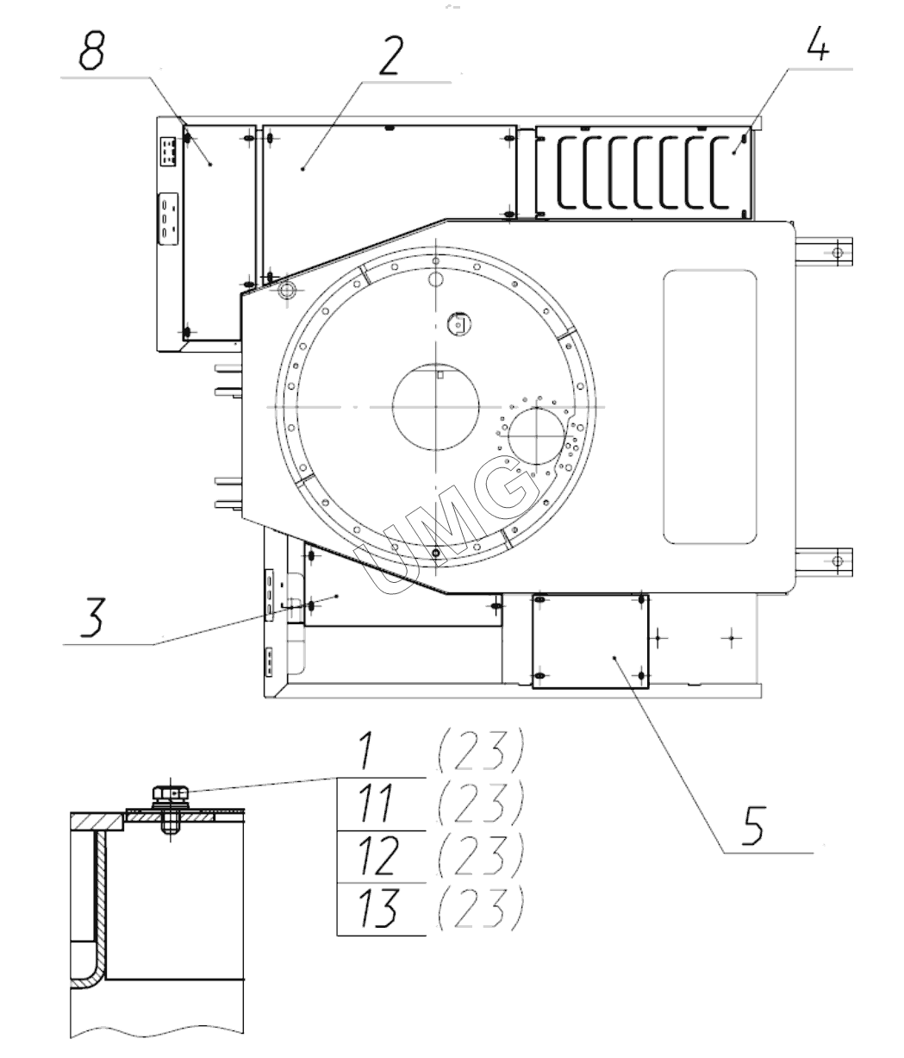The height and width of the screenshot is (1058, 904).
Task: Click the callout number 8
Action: click(x=90, y=53)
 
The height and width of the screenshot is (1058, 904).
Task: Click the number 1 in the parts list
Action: click(x=366, y=751)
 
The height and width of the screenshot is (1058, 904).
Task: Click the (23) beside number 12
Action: click(x=480, y=855)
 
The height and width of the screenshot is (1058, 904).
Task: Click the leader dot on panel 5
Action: click(x=614, y=657)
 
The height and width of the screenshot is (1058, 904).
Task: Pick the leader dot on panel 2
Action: click(x=303, y=170)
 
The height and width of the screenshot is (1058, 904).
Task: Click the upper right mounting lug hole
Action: click(x=835, y=252)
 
